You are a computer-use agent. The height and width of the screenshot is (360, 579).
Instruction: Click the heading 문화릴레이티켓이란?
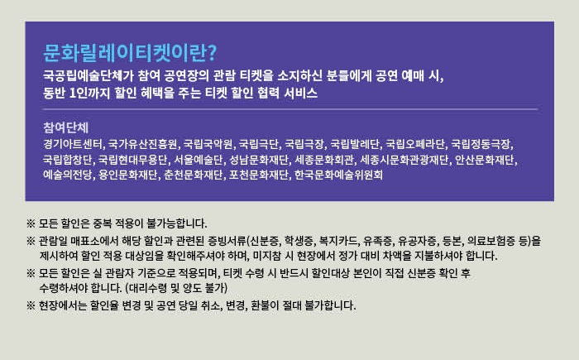pos(130,53)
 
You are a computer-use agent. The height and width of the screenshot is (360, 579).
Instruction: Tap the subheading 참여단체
pos(65,128)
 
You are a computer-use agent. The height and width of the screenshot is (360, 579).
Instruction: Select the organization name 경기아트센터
pos(73,144)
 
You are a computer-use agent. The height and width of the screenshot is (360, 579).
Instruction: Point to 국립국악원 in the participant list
pos(208,144)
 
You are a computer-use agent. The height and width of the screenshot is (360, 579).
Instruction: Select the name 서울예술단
pos(199,160)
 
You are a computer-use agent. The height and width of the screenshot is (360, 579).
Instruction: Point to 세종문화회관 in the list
pos(324,160)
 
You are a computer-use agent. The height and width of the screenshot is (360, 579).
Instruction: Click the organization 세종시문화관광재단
pos(404,160)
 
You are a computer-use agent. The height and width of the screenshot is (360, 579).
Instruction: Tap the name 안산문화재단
pos(485,160)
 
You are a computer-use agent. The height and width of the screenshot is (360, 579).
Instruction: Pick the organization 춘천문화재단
pos(193,175)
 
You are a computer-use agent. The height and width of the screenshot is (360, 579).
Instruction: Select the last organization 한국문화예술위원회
pos(338,175)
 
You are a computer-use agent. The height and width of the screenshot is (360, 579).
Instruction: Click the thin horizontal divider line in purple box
pos(290,109)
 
